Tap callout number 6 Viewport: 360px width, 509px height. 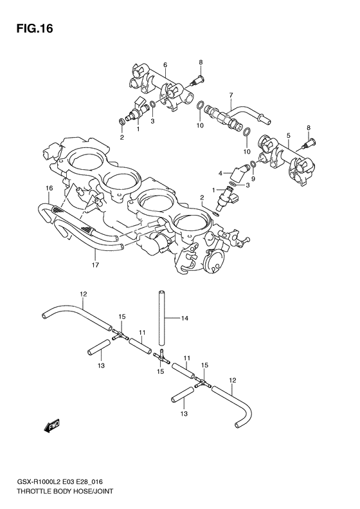165,65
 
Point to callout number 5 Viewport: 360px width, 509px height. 289,135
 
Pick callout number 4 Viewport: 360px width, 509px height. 220,172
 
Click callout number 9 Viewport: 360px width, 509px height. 253,179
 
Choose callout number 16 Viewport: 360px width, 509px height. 48,188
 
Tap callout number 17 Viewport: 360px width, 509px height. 94,264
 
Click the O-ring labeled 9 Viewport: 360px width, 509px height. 253,166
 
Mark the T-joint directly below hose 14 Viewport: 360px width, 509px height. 160,353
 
